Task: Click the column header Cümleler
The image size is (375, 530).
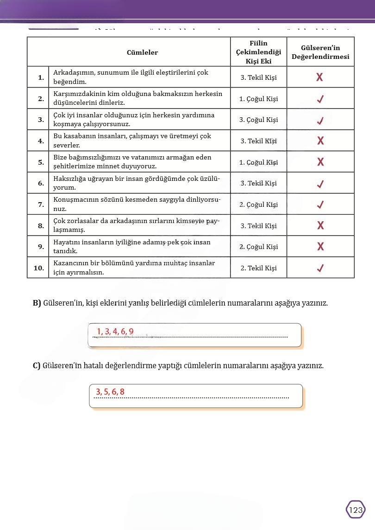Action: click(x=142, y=52)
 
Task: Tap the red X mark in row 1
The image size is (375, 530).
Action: click(x=319, y=77)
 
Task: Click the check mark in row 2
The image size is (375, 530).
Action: click(x=320, y=99)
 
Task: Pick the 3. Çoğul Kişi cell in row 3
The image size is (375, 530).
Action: click(x=258, y=120)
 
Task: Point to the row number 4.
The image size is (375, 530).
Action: click(x=41, y=141)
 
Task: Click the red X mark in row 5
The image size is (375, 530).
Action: click(x=320, y=162)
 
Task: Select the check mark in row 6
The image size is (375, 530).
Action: click(x=320, y=184)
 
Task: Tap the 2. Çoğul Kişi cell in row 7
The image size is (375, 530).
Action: click(x=258, y=204)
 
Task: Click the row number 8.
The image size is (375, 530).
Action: click(x=41, y=226)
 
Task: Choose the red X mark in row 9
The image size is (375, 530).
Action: click(x=320, y=247)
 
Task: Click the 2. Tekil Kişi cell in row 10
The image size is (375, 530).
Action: click(x=258, y=268)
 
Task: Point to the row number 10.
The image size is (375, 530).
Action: click(x=39, y=268)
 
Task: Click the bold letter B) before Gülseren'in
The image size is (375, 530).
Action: click(x=37, y=303)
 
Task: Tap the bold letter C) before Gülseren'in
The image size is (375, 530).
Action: click(x=37, y=365)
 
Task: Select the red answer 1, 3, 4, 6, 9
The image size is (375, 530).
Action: click(x=115, y=331)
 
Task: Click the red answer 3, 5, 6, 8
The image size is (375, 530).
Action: click(x=110, y=392)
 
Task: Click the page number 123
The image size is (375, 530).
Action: click(x=356, y=510)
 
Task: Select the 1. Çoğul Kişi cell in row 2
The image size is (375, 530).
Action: click(x=258, y=99)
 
